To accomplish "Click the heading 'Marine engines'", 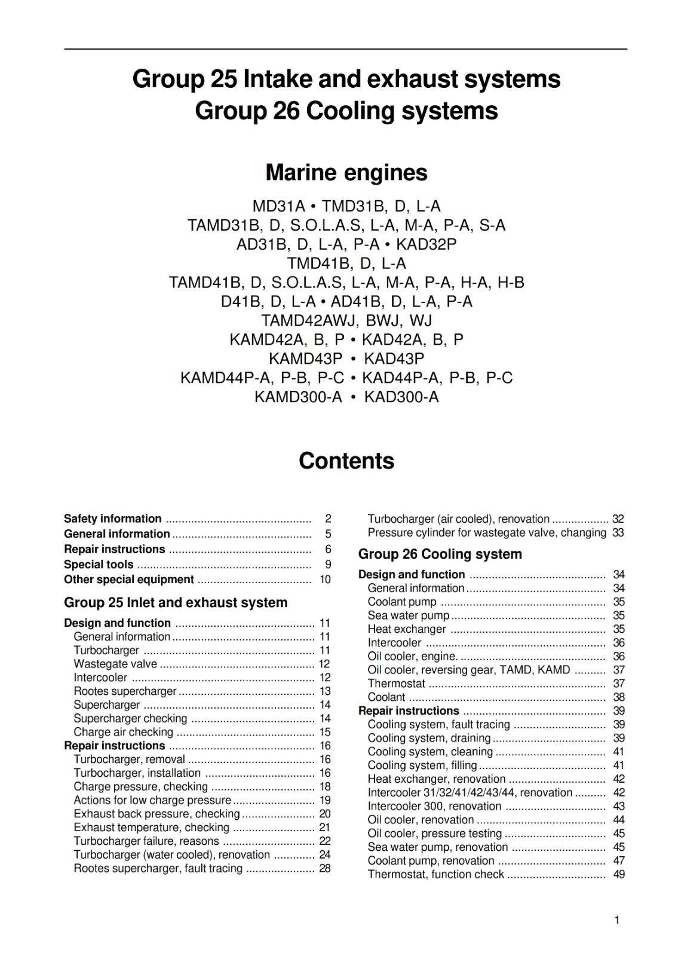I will pos(346,173).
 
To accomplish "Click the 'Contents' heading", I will pos(346,461).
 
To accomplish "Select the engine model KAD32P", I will pos(426,244).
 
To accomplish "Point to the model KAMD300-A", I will pos(298,397).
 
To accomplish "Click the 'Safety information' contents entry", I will pos(113,519).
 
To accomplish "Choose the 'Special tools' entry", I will pos(99,565).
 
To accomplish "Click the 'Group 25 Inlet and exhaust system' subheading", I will pos(176,602).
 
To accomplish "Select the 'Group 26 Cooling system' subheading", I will pos(440,554).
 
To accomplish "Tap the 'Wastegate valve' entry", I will pos(115,664).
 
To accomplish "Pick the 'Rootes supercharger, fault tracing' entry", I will pos(158,869).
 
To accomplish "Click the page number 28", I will pos(324,869).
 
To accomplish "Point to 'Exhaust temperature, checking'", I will pos(151,828).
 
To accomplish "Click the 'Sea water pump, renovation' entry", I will pos(438,847).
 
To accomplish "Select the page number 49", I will pos(619,875).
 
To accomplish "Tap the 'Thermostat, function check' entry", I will pos(436,875).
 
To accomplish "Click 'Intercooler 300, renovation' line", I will pos(434,807).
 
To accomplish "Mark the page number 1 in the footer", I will pos(617,920).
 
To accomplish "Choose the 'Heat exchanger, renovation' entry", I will pos(437,779).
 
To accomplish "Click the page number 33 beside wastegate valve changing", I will pos(618,532).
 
